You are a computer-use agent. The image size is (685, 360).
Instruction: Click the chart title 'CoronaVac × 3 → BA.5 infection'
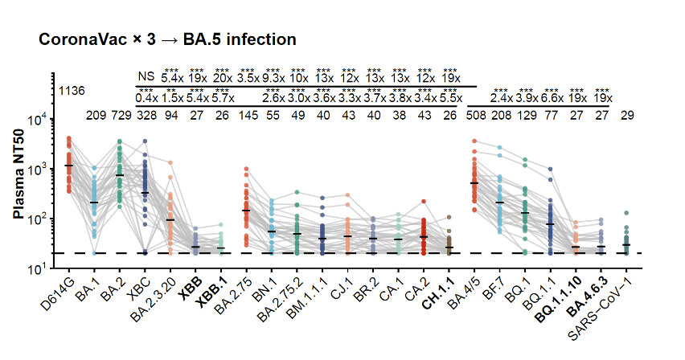[167, 39]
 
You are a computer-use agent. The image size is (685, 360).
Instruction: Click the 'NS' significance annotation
[146, 77]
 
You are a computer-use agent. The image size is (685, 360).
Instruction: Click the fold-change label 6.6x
[552, 98]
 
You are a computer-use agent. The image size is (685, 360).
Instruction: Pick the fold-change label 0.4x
[146, 98]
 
